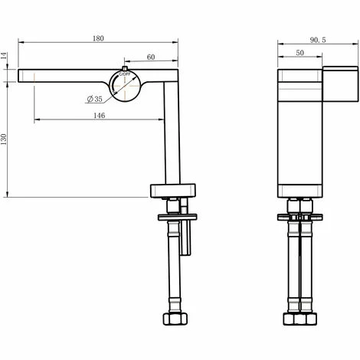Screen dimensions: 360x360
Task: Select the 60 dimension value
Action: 150,57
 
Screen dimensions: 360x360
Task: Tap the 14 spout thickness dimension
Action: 6,55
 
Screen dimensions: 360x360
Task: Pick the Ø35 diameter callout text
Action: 96,99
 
